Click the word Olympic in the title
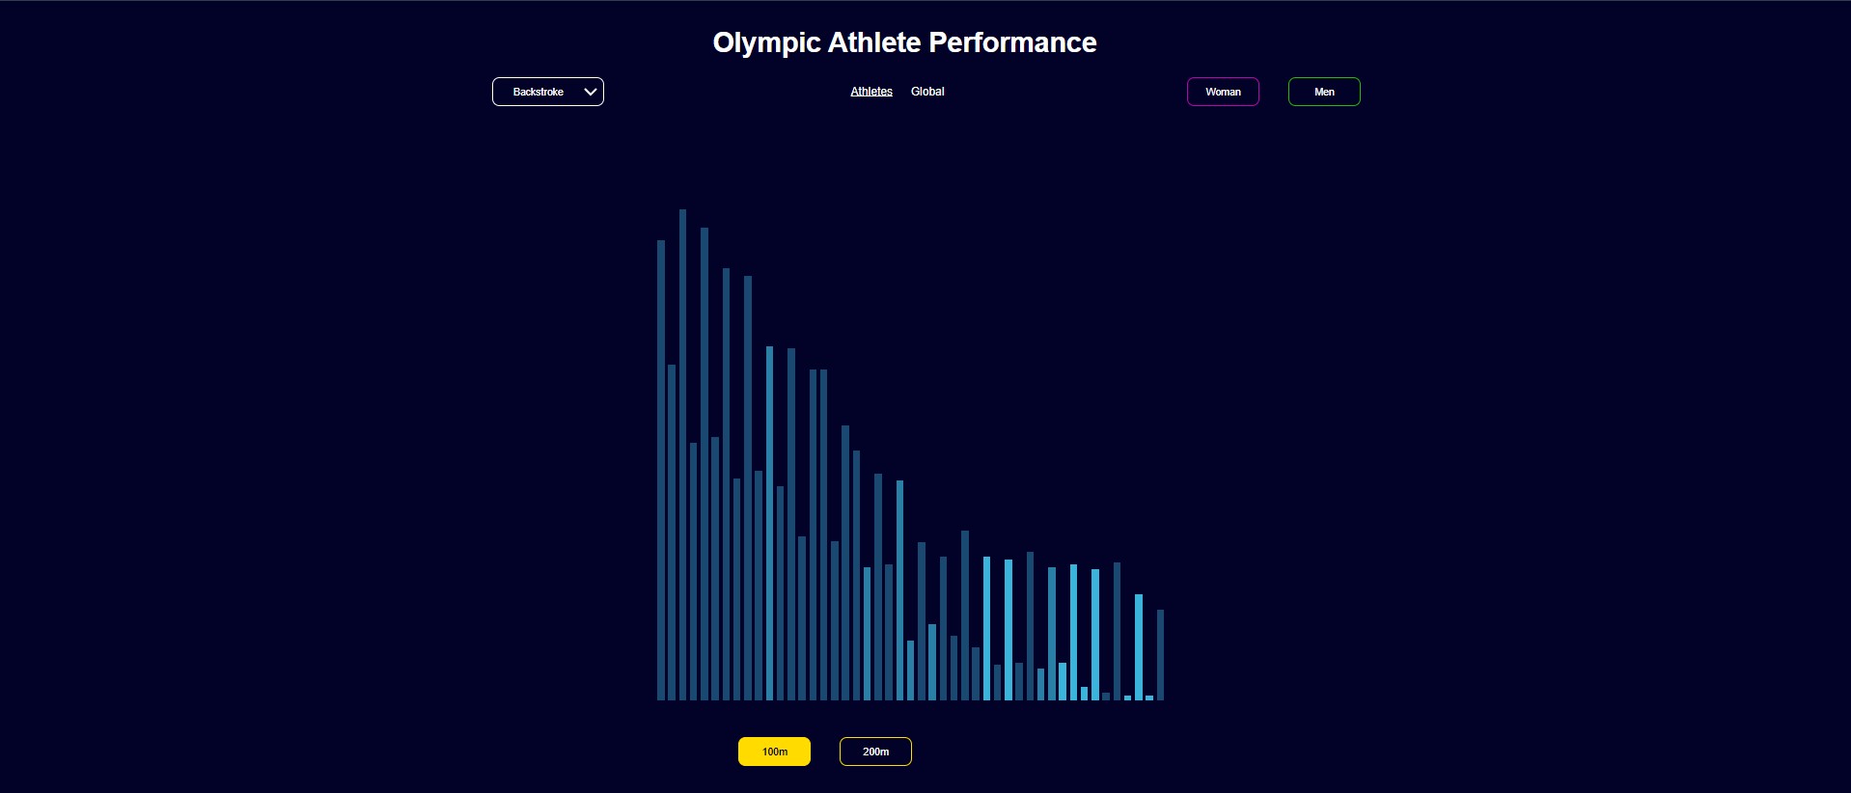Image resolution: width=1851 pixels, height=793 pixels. [766, 43]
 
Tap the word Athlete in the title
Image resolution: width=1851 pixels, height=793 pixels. [874, 42]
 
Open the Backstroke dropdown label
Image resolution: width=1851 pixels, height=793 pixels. [538, 92]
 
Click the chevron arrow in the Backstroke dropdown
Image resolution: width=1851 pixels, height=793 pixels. [591, 92]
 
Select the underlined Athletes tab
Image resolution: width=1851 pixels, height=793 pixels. [871, 92]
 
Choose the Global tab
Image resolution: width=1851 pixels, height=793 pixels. [927, 92]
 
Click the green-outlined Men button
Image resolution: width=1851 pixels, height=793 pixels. [1324, 92]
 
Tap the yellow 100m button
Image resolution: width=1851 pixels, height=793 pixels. [774, 752]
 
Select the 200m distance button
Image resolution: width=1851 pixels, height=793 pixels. [875, 752]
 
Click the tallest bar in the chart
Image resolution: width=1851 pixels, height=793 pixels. [682, 454]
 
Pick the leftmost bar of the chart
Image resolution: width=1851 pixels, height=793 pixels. [661, 470]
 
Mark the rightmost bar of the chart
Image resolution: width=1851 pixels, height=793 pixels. [1160, 655]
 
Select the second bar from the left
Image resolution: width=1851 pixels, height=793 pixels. [672, 533]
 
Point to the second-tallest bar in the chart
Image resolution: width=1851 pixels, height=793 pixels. [704, 464]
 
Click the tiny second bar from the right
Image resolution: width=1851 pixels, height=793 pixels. [1149, 697]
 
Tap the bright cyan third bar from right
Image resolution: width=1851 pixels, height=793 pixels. [1139, 647]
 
